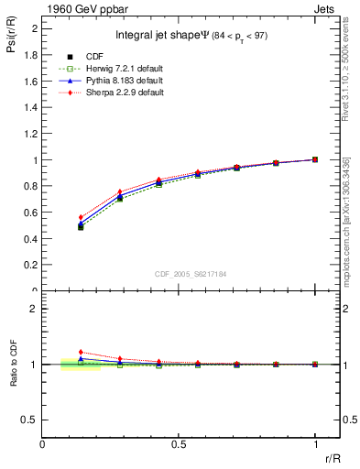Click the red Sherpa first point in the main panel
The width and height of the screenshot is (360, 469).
[x=81, y=217]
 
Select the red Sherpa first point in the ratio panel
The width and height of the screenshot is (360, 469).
[x=81, y=352]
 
